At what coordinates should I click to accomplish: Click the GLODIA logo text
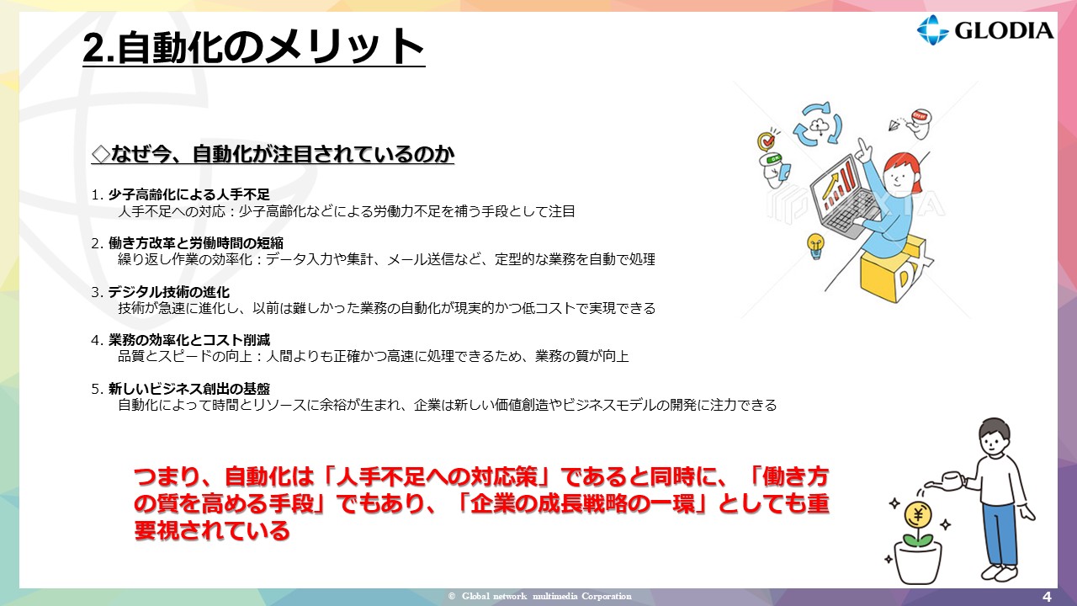pos(1004,31)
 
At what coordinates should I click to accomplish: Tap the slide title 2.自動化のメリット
pos(253,46)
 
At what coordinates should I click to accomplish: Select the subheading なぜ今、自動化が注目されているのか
pos(273,154)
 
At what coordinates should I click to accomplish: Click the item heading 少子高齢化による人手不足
pos(189,194)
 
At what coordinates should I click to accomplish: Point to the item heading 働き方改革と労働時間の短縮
pos(196,243)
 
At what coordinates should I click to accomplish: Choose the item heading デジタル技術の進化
pos(169,292)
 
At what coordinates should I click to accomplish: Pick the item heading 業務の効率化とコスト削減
pos(189,340)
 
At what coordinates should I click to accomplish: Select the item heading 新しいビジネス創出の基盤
pos(189,389)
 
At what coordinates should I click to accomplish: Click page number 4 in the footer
pos(1047,597)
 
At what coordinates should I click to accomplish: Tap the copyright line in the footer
pos(539,597)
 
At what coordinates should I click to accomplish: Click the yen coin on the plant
pos(918,514)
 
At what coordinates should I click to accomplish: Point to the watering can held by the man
pos(947,480)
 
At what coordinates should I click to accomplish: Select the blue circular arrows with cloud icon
pos(818,124)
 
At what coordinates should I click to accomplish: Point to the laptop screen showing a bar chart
pos(836,185)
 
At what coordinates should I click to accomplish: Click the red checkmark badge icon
pos(767,141)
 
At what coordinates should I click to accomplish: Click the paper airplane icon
pos(894,125)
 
